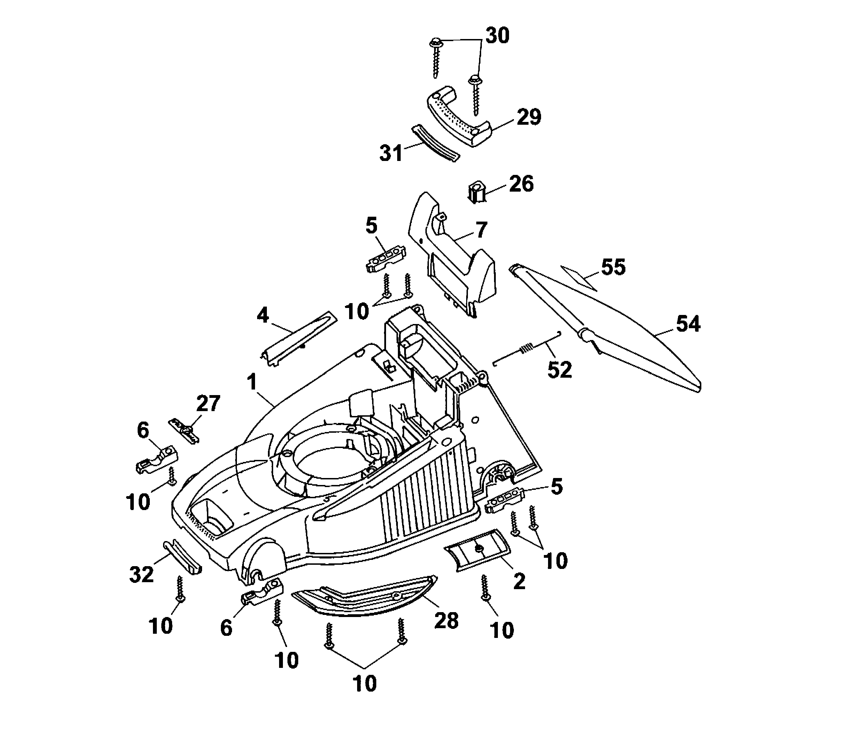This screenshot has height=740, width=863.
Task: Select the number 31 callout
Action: pos(391,153)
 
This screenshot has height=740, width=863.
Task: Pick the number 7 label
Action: pos(481,230)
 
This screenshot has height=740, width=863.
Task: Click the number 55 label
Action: pos(613,267)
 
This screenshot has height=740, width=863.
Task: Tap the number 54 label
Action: pos(688,324)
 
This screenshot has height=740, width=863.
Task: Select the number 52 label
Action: pos(560,369)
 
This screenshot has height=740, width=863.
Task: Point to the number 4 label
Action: pos(263,315)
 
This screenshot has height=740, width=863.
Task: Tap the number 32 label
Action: pos(141,574)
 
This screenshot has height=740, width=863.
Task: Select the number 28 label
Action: pos(446,620)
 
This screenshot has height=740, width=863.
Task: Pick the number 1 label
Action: pos(252,382)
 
